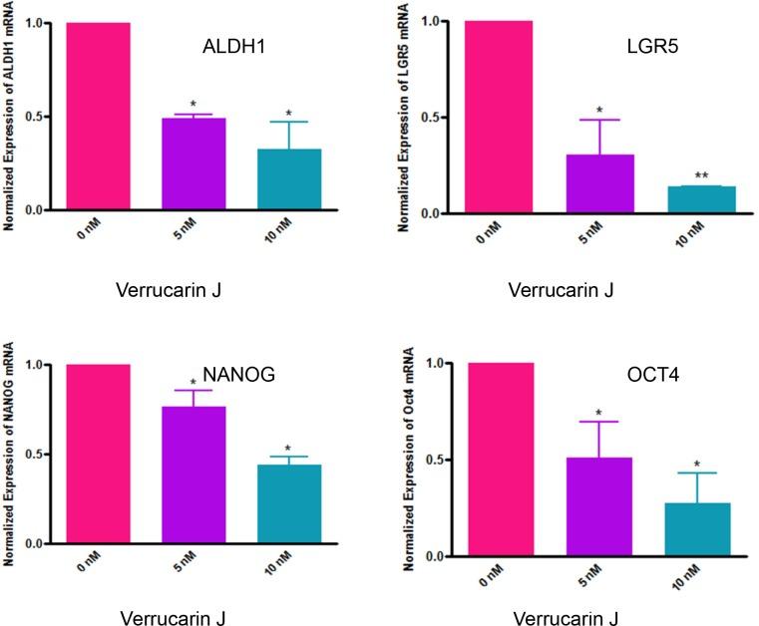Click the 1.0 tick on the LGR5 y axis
click(434, 21)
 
